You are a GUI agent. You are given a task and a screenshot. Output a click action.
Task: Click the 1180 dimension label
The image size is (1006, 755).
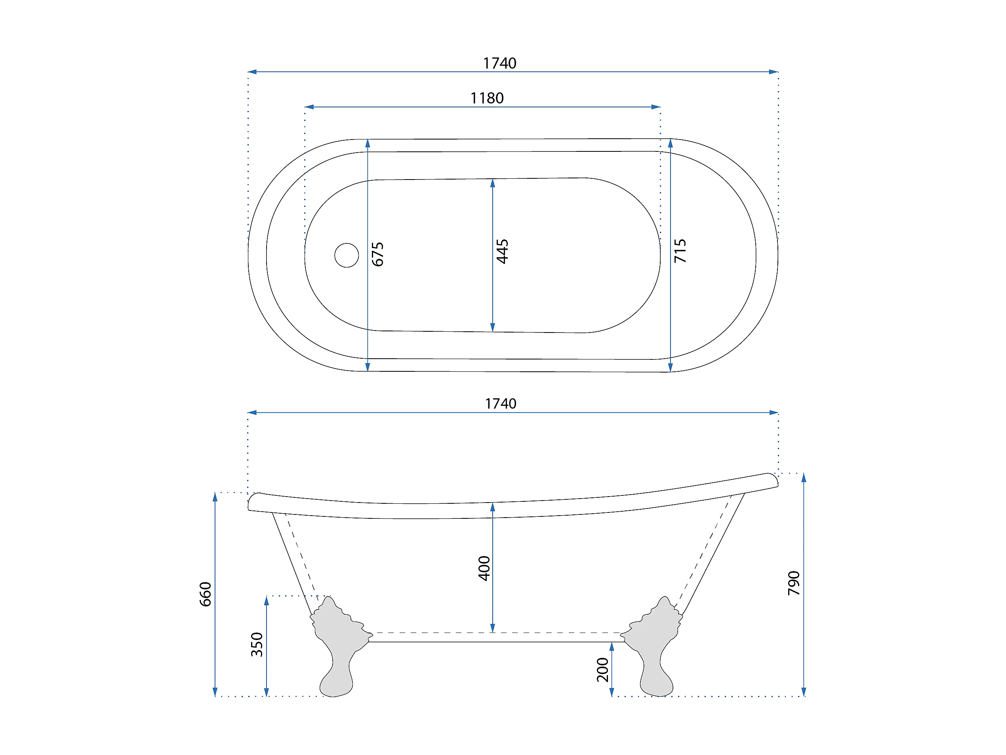(487, 98)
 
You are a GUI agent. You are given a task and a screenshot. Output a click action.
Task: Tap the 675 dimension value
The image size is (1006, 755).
(377, 254)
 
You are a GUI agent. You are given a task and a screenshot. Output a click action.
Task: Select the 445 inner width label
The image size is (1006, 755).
(502, 251)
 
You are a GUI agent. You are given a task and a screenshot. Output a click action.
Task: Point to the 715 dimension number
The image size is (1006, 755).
(680, 251)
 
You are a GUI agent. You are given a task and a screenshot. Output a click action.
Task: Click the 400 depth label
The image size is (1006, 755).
(484, 568)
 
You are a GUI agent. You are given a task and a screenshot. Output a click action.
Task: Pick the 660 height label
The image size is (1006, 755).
(206, 594)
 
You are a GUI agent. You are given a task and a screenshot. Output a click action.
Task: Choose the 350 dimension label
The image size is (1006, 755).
(257, 644)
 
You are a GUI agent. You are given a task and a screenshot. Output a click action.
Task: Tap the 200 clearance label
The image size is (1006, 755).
(602, 669)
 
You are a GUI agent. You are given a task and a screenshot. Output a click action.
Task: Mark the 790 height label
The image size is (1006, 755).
(794, 583)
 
